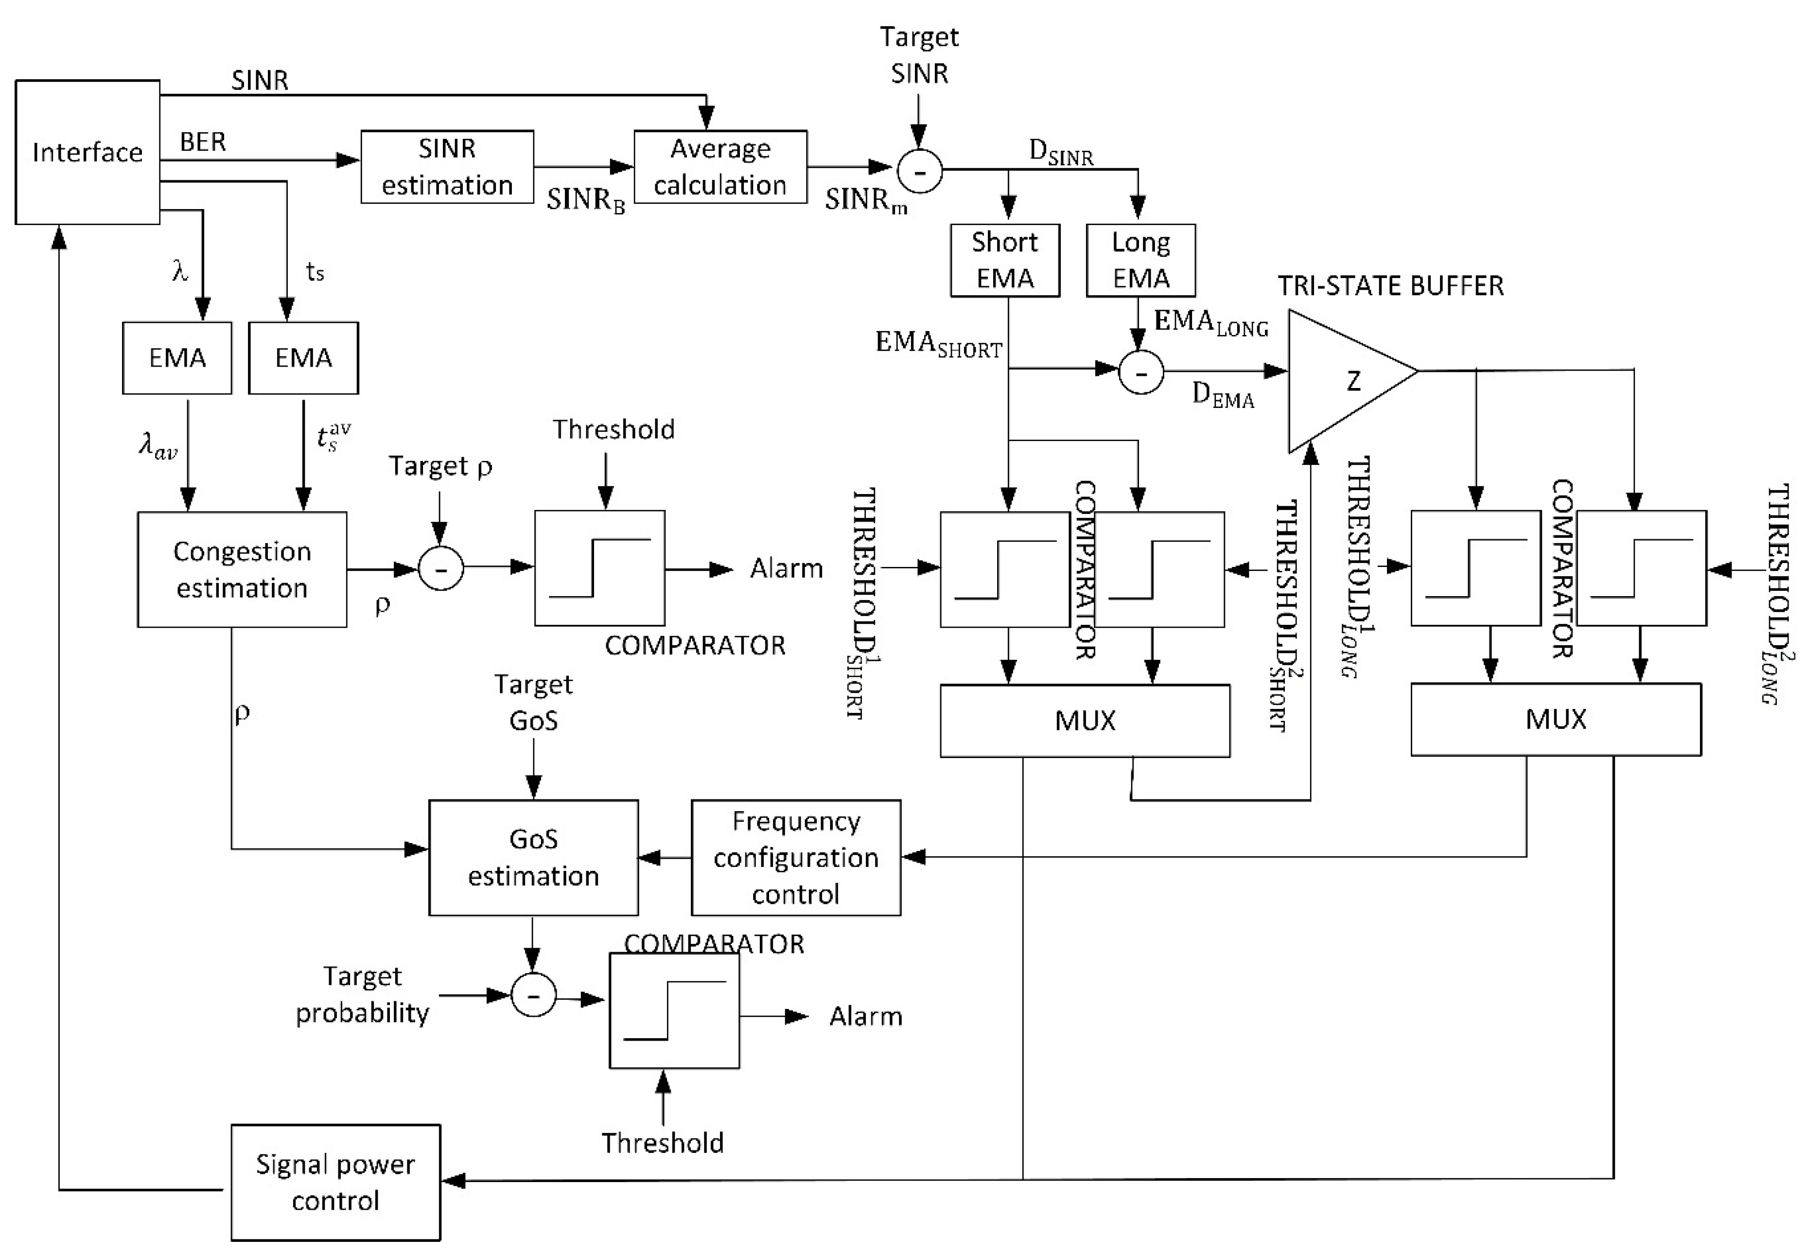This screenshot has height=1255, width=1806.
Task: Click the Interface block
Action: [88, 152]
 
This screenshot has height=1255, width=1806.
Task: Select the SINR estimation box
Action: [447, 167]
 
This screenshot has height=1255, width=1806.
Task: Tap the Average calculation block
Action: [719, 167]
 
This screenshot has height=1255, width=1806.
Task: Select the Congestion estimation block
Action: [242, 569]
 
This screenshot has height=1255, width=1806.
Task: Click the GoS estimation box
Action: [533, 857]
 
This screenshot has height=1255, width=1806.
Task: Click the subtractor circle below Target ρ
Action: [440, 568]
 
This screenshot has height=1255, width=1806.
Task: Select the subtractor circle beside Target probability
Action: [533, 995]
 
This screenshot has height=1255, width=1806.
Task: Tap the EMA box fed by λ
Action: [177, 358]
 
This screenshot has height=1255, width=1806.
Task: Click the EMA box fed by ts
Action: [303, 358]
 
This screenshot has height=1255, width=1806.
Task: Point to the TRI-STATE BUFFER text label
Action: [1389, 285]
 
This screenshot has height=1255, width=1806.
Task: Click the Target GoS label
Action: [533, 702]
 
